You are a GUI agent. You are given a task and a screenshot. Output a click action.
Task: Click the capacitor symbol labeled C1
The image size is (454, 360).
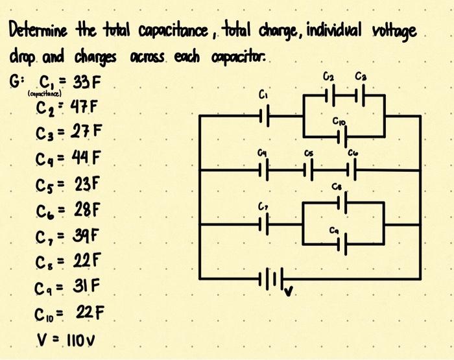click(263, 117)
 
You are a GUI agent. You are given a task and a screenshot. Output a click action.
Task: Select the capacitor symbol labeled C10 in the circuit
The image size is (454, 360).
click(342, 136)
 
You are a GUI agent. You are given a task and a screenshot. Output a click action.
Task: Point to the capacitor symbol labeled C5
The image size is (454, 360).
click(309, 171)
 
